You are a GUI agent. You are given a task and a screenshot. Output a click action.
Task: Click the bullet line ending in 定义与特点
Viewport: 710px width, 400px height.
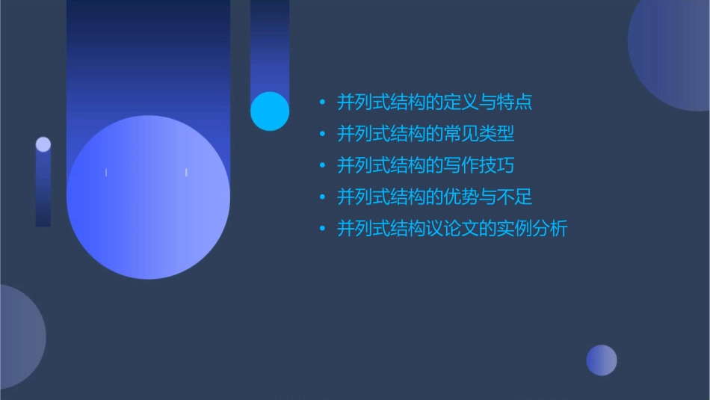(434, 102)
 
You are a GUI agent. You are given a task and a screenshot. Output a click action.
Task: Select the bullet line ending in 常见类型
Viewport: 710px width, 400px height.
(425, 134)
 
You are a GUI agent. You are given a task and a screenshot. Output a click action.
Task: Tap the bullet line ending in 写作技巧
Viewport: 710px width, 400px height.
(425, 165)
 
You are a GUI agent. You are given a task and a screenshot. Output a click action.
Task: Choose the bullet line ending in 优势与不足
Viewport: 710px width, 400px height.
(434, 197)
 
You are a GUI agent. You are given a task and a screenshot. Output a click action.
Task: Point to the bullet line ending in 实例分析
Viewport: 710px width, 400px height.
(452, 229)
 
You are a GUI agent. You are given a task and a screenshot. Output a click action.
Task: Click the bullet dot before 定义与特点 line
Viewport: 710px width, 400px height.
(322, 102)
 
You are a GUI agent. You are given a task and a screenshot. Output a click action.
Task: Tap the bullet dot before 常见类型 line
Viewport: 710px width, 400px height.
(322, 135)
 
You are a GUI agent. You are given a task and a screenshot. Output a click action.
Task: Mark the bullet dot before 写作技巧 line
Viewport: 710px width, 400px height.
(322, 166)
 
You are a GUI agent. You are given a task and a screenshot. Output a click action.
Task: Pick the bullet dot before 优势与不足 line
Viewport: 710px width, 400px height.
(322, 198)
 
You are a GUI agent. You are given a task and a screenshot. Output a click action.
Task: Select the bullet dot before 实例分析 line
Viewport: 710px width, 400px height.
(322, 230)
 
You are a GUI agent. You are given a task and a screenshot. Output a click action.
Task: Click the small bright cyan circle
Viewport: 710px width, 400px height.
(270, 111)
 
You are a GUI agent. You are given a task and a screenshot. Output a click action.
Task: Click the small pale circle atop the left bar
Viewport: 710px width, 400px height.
(43, 144)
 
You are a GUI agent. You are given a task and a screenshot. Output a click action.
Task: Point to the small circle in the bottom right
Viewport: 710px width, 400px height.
(602, 360)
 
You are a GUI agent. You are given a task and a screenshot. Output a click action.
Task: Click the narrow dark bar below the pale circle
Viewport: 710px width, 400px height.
(43, 191)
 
